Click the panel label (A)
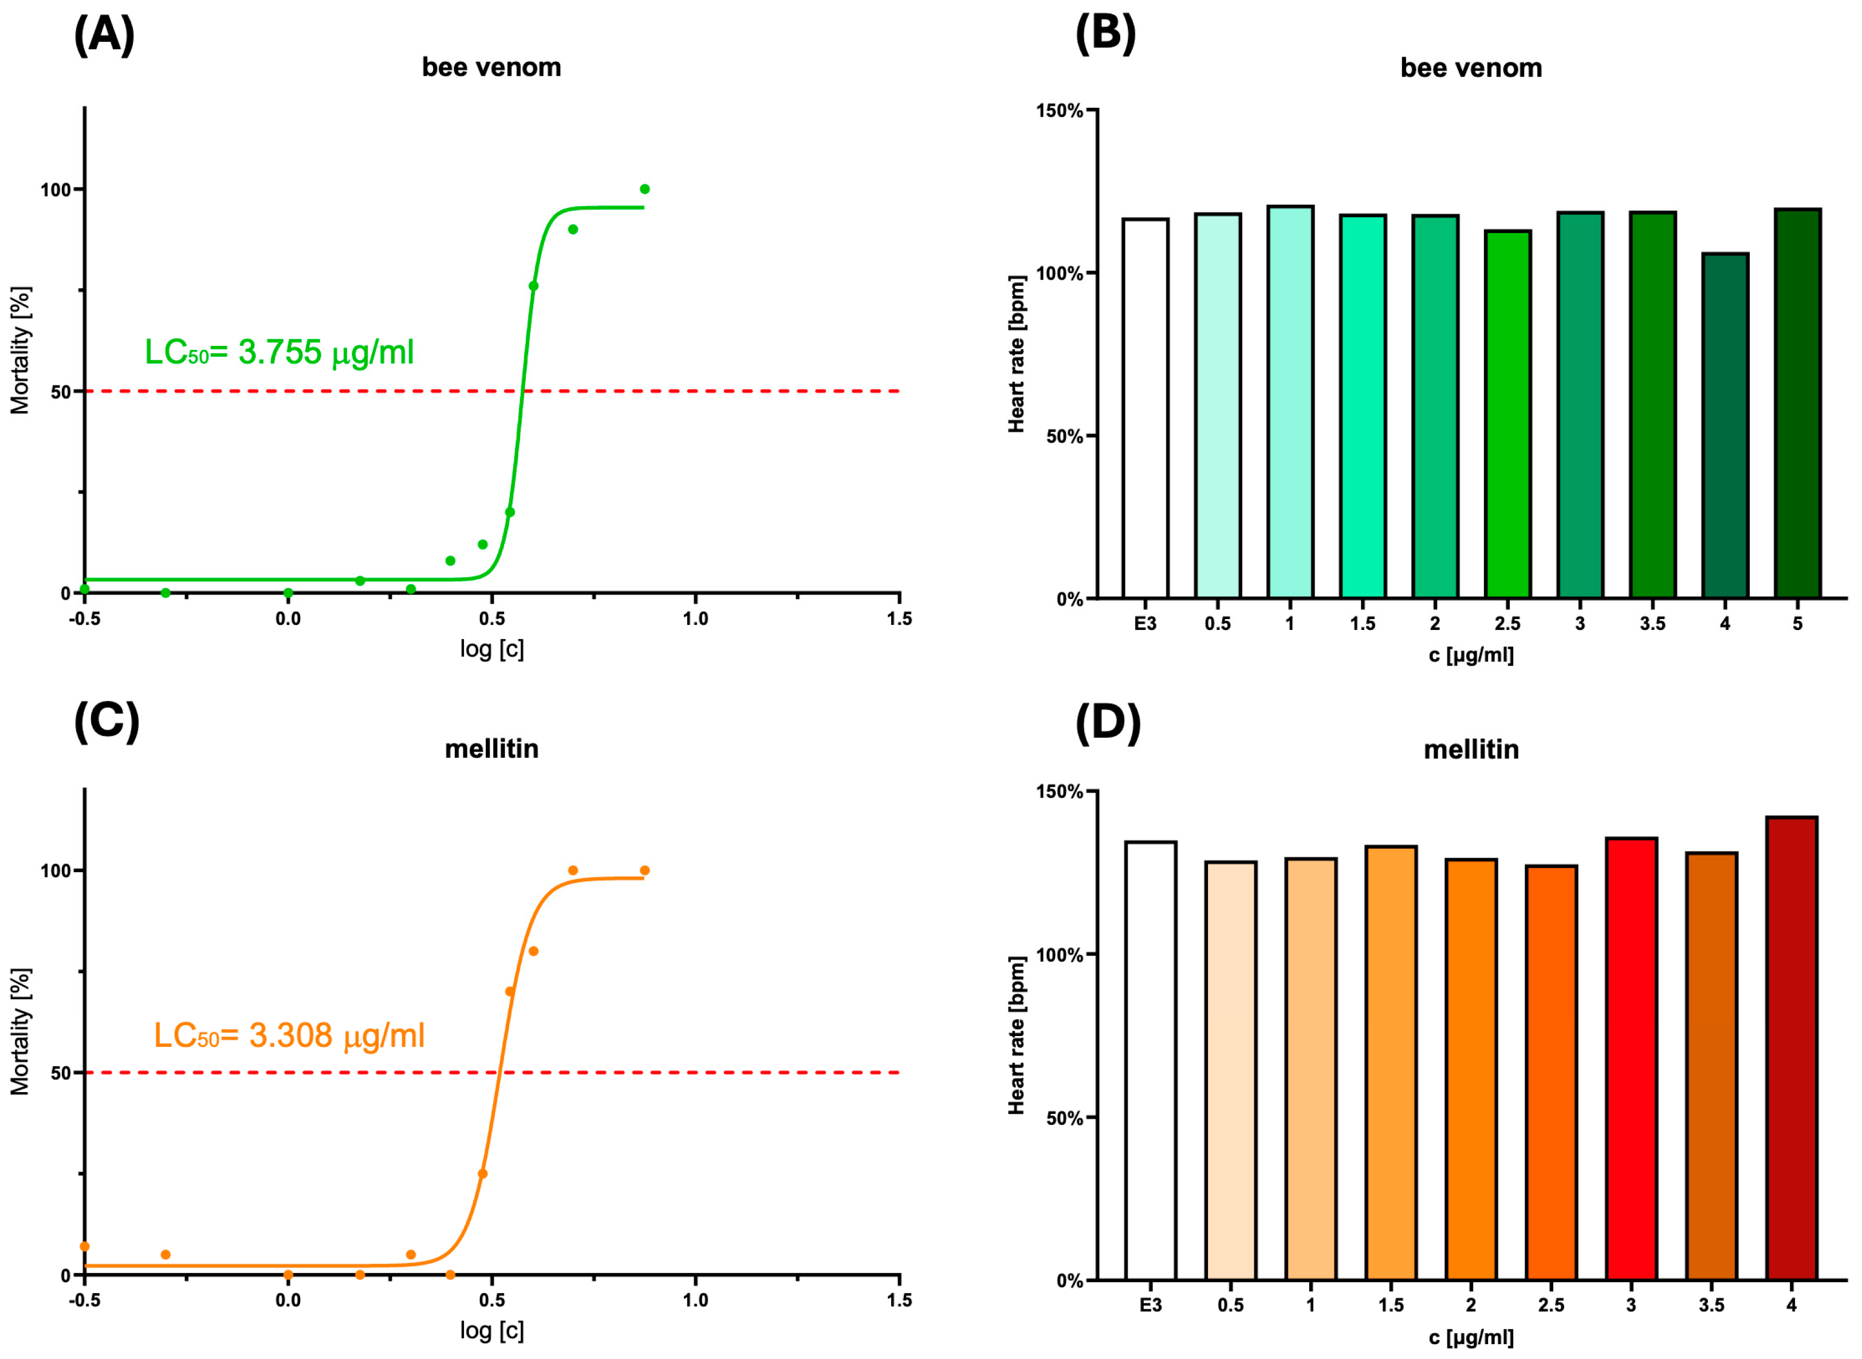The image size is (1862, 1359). [x=104, y=36]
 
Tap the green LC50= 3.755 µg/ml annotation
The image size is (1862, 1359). [x=279, y=353]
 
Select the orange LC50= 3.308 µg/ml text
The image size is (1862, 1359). [x=289, y=1035]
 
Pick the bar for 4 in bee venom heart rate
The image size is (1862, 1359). [x=1725, y=426]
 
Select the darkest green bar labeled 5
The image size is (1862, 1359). [x=1797, y=403]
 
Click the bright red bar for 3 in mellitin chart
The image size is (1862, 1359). [x=1631, y=1059]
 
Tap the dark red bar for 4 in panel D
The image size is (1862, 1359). [x=1791, y=1048]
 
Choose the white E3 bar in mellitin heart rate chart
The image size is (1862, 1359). [x=1150, y=1061]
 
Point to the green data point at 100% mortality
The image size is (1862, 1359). [x=644, y=189]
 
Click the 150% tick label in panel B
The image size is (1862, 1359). [x=1059, y=111]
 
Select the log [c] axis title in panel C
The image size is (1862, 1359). [x=491, y=1330]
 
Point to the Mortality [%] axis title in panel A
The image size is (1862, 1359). [x=19, y=350]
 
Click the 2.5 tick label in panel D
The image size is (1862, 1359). [x=1550, y=1306]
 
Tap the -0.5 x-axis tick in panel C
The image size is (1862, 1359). [x=84, y=1301]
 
